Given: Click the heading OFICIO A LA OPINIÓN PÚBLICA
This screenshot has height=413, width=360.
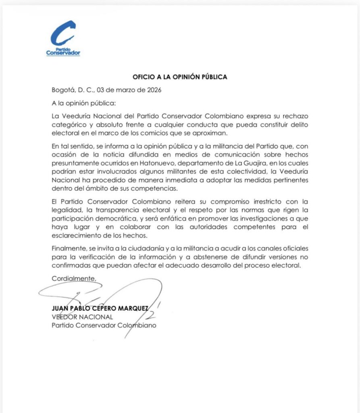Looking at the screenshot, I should click(x=180, y=77).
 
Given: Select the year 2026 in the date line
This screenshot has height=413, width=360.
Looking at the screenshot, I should click(x=153, y=90).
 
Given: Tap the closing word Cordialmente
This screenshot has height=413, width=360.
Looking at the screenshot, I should click(x=74, y=278).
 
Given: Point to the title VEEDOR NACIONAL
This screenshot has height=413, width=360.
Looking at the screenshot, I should click(x=82, y=317).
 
